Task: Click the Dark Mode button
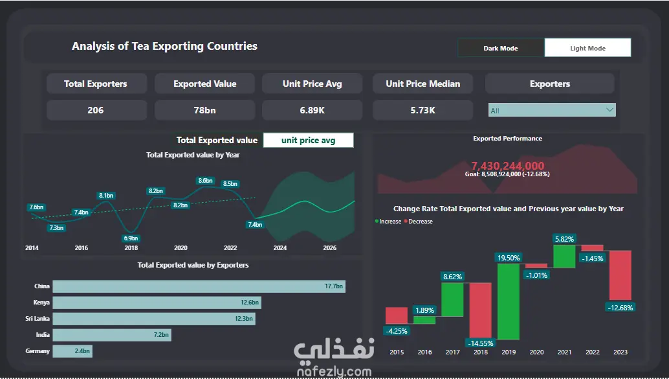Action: click(501, 48)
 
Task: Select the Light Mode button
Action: click(587, 48)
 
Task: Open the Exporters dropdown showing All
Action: click(551, 110)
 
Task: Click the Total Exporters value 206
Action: click(96, 110)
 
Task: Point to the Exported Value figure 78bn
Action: click(204, 110)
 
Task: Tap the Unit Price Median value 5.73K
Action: click(422, 110)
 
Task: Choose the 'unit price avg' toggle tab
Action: click(308, 140)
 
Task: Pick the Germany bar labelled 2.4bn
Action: click(71, 351)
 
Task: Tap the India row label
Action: click(42, 335)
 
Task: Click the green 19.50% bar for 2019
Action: click(508, 301)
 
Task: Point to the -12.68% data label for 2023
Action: click(620, 307)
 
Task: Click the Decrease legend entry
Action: click(419, 222)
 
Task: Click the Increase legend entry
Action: click(389, 222)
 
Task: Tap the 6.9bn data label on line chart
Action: click(131, 238)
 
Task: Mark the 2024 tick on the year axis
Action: click(280, 248)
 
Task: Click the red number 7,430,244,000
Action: click(507, 166)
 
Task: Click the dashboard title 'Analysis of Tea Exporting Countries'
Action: click(164, 47)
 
